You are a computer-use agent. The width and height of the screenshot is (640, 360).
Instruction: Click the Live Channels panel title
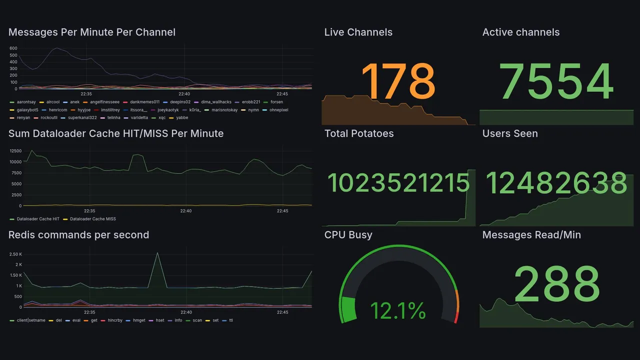(358, 32)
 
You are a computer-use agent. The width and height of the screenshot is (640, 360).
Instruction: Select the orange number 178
(398, 81)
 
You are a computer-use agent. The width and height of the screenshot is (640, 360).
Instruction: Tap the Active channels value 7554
(556, 81)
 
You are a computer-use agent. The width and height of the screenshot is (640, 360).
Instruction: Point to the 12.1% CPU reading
(398, 310)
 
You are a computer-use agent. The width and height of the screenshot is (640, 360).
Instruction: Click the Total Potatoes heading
(359, 133)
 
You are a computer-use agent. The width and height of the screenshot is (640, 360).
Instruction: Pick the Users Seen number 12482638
(556, 183)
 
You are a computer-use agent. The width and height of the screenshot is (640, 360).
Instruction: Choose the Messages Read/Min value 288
(556, 283)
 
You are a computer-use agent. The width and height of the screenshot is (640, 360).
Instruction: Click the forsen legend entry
(276, 102)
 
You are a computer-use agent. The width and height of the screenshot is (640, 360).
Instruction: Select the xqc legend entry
(161, 118)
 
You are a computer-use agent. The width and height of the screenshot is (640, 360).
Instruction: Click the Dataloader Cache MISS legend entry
(92, 219)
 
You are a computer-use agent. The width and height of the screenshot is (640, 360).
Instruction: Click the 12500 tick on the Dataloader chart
(15, 151)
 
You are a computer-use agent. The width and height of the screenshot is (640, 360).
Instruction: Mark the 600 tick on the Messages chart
(13, 48)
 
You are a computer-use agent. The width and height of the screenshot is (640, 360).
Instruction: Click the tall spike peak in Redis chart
(157, 253)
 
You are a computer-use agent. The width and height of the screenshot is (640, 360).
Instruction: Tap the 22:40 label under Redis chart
(185, 312)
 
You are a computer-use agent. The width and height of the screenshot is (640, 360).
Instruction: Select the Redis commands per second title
(78, 235)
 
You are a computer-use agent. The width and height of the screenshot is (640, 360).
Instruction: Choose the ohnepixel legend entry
(278, 110)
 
